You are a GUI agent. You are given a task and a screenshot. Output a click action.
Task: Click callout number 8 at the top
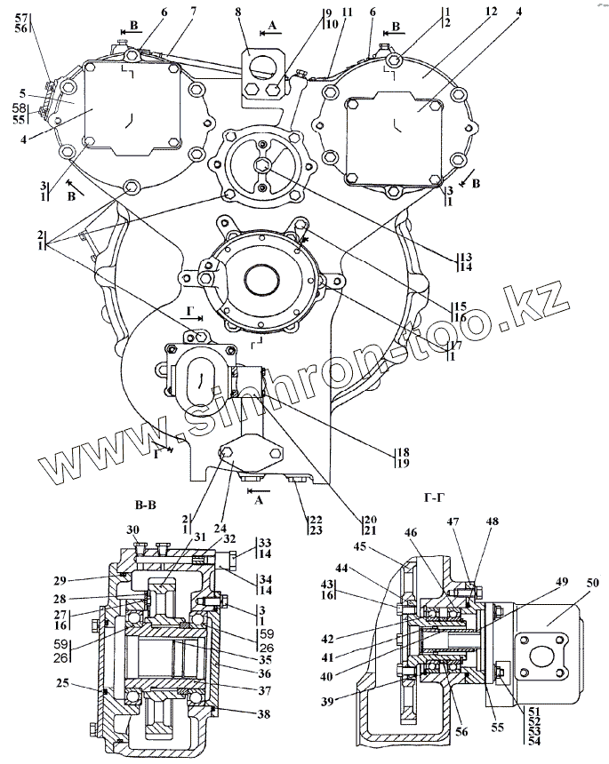(239, 14)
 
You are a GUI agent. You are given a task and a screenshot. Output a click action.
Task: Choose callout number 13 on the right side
(465, 256)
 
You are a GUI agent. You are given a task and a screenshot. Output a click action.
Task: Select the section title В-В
(147, 508)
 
